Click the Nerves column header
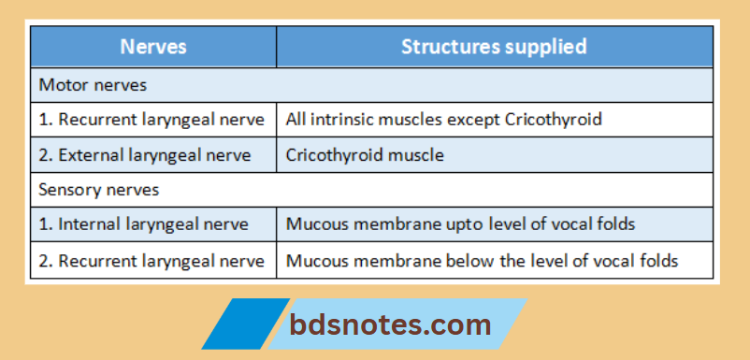[x=153, y=46]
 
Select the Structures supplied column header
[x=494, y=46]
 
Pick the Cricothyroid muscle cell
[x=366, y=154]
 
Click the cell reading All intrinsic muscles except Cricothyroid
[x=444, y=119]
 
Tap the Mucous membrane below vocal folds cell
[x=482, y=260]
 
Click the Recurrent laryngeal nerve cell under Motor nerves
[x=151, y=119]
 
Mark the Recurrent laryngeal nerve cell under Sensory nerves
[x=151, y=260]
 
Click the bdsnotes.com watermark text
[x=389, y=324]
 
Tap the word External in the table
[x=88, y=154]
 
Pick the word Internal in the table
[x=86, y=224]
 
